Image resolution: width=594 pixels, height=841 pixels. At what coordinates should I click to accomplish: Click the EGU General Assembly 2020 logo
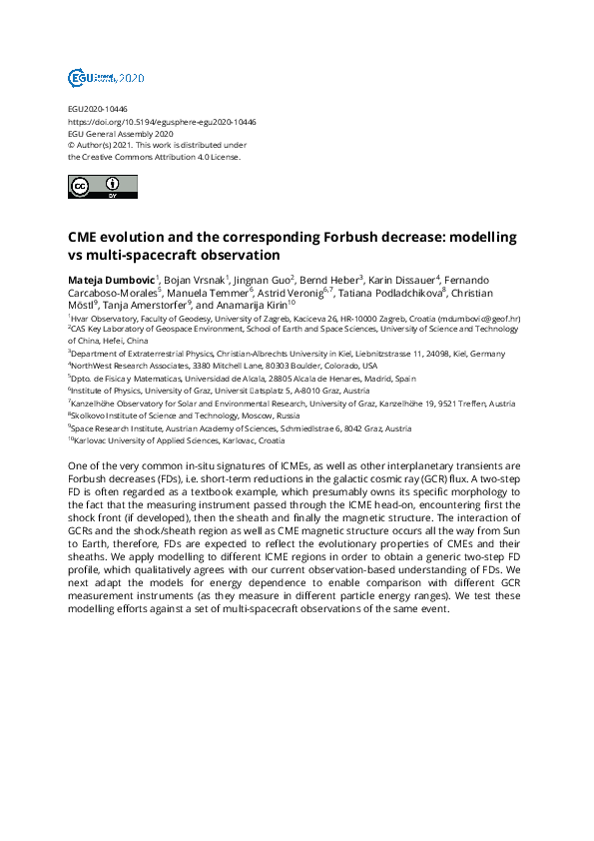pos(105,77)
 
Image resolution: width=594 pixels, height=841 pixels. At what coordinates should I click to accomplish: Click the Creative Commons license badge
pos(96,187)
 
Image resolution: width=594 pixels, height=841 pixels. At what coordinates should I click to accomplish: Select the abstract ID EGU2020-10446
pos(98,109)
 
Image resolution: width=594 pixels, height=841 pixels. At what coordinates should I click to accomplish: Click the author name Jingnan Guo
pos(263,279)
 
